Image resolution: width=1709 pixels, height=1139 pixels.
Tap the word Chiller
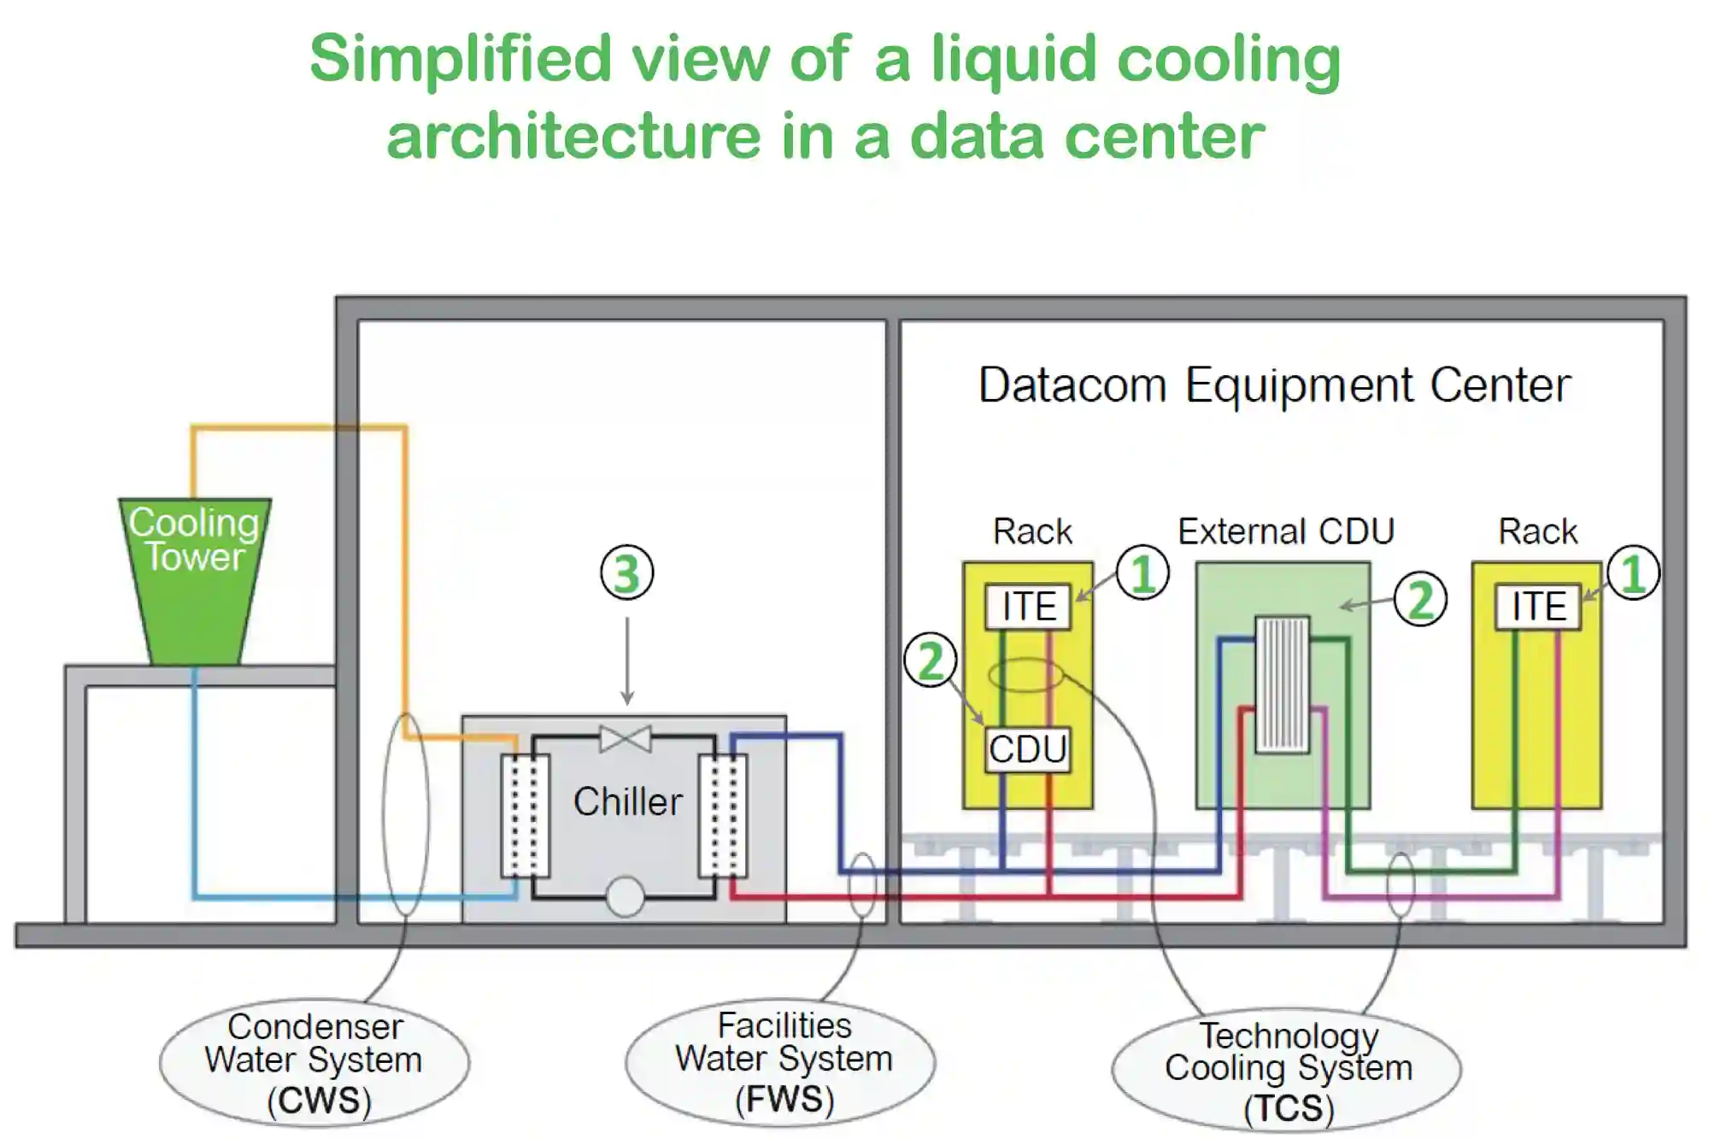pyautogui.click(x=628, y=801)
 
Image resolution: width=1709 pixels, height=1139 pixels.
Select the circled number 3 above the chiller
pyautogui.click(x=626, y=572)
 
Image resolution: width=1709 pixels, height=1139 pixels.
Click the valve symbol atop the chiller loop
pyautogui.click(x=625, y=738)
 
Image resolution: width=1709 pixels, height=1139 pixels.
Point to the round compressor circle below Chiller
pyautogui.click(x=625, y=896)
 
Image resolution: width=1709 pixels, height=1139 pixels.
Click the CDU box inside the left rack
pyautogui.click(x=1027, y=749)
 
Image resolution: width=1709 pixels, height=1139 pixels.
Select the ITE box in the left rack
pyautogui.click(x=1028, y=607)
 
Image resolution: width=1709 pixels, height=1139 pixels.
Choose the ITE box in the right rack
pyautogui.click(x=1538, y=607)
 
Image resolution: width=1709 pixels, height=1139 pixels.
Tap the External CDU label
pyautogui.click(x=1286, y=531)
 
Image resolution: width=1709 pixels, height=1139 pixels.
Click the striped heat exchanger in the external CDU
pyautogui.click(x=1282, y=684)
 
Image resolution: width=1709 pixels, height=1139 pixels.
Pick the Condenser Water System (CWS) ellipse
pyautogui.click(x=314, y=1063)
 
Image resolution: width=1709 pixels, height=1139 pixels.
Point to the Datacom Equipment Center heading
pyautogui.click(x=1274, y=385)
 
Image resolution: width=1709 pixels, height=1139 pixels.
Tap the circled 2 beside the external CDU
pyautogui.click(x=1420, y=600)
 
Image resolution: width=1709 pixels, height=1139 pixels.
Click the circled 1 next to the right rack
pyautogui.click(x=1633, y=572)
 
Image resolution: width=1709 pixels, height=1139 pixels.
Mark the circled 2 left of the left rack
pyautogui.click(x=931, y=661)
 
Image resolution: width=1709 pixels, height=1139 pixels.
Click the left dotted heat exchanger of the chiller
pyautogui.click(x=525, y=816)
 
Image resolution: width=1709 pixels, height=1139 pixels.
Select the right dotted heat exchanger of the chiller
pyautogui.click(x=723, y=816)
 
